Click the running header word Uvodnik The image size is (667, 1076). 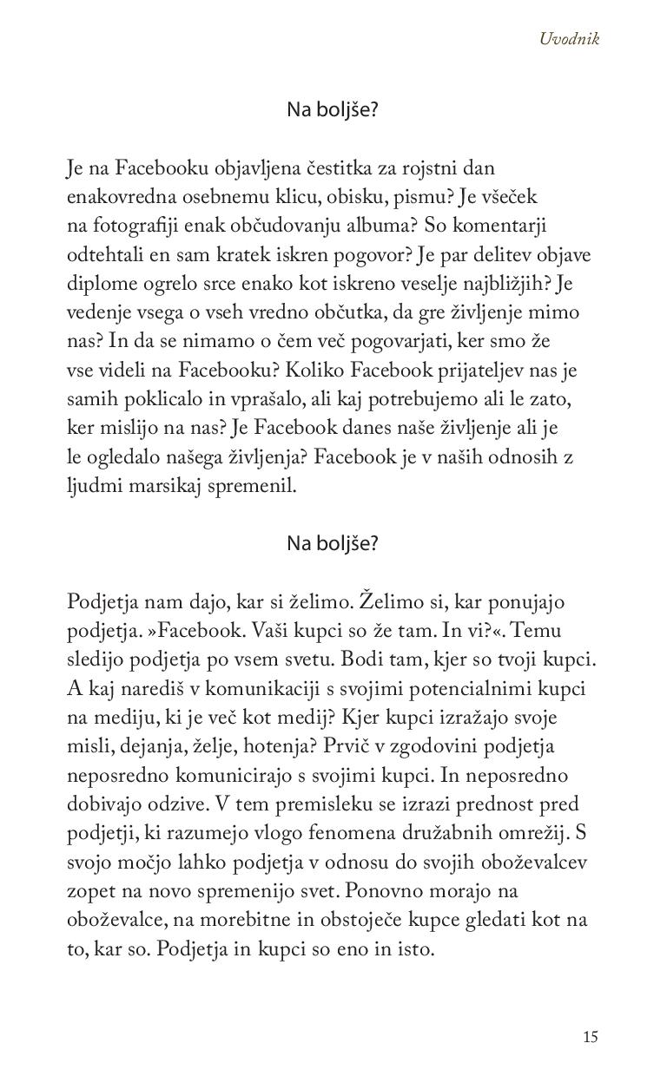coord(569,38)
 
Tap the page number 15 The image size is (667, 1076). coord(591,1036)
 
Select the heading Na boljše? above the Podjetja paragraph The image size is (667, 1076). coord(333,543)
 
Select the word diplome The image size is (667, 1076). coord(101,284)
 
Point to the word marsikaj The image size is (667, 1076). coord(163,486)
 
